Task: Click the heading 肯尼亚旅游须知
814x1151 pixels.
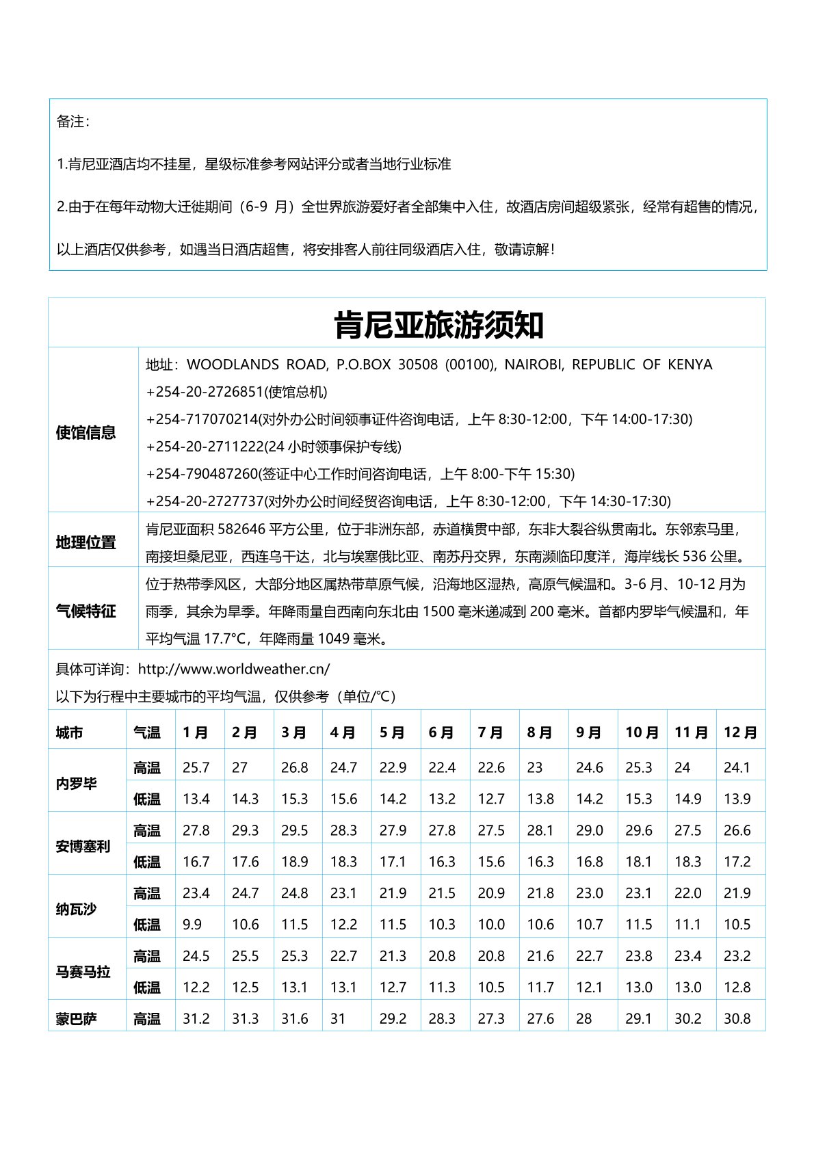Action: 438,325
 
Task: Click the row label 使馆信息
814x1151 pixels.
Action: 86,432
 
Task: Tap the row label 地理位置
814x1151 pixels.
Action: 86,542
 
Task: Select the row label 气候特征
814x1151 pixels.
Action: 86,611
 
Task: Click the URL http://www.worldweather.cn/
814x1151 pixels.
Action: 234,669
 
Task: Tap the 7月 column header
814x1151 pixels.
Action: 490,732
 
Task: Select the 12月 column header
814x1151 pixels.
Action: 739,732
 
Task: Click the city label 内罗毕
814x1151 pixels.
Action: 77,783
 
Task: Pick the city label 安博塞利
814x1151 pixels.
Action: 83,846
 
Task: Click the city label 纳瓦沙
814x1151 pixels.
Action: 77,909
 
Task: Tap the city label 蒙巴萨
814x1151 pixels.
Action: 77,1019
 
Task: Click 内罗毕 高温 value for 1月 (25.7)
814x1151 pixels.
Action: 196,767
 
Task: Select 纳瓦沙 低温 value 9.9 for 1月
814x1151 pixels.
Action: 192,925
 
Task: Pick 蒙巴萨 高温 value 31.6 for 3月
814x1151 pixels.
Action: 295,1019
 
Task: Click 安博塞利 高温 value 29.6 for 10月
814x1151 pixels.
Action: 638,830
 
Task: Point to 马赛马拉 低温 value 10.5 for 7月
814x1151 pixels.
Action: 491,988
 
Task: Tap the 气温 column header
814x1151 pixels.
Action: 147,732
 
